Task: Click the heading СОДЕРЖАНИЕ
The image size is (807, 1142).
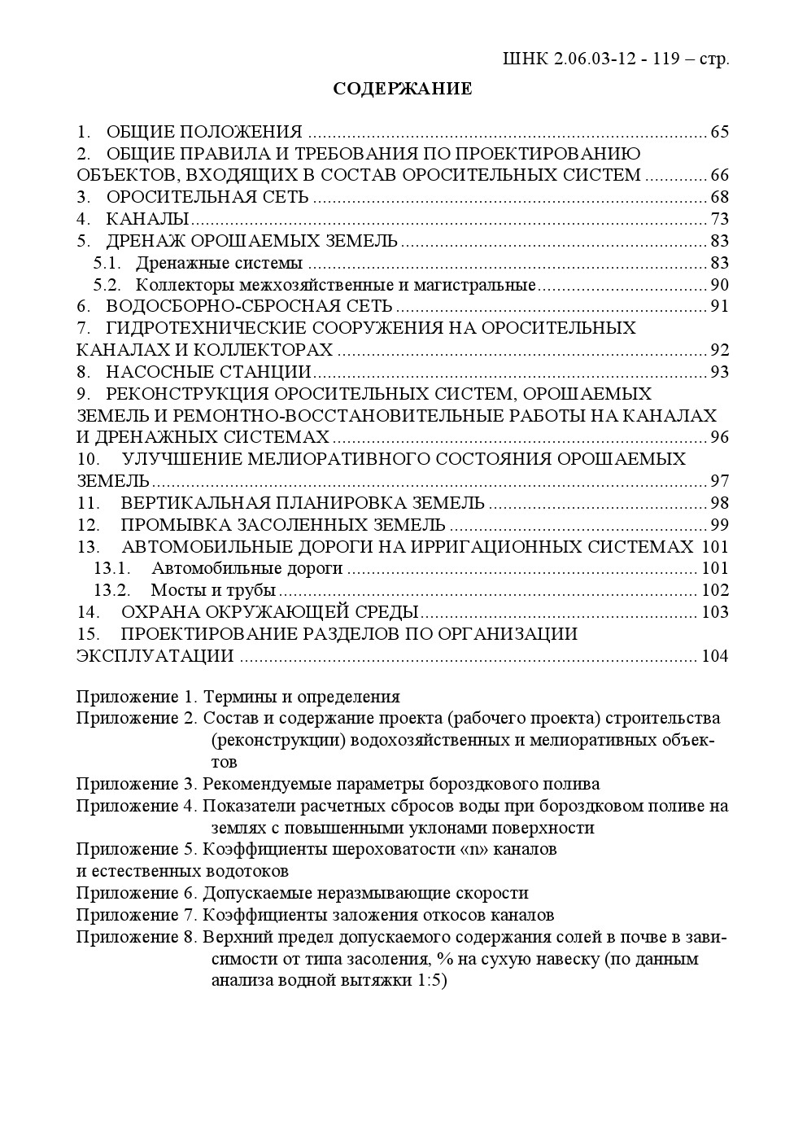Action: pyautogui.click(x=402, y=89)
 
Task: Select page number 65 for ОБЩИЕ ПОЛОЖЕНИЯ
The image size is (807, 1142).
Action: pyautogui.click(x=719, y=132)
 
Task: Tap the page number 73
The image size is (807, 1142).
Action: pyautogui.click(x=719, y=219)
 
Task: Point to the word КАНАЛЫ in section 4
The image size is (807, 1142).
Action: pyautogui.click(x=147, y=219)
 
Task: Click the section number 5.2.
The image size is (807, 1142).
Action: pyautogui.click(x=107, y=285)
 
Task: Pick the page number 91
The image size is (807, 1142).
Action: pyautogui.click(x=719, y=307)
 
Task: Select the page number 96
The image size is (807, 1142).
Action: pyautogui.click(x=719, y=437)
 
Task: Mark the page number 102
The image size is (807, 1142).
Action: pyautogui.click(x=715, y=590)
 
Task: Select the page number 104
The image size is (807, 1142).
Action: pyautogui.click(x=715, y=656)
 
